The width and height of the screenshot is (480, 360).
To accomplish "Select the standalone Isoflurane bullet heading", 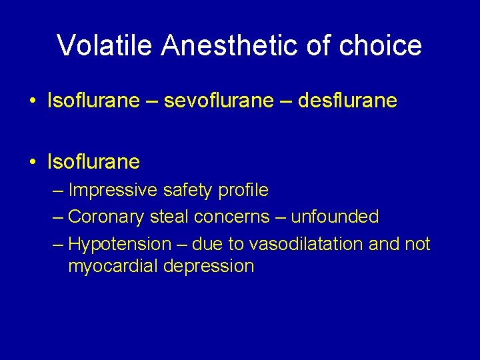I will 93,161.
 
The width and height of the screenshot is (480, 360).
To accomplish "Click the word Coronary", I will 107,217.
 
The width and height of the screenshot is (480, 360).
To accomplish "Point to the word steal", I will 169,217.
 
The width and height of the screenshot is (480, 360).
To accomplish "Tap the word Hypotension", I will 120,244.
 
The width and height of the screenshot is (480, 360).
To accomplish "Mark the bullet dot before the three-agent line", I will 31,101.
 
